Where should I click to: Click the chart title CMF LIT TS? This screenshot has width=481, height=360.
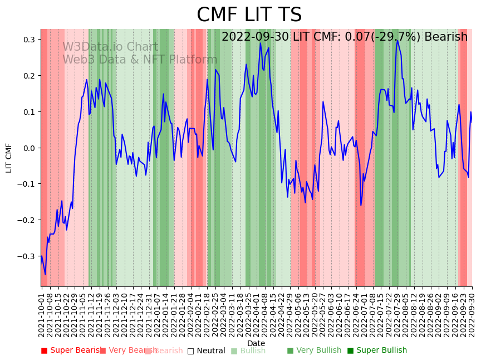click(x=249, y=15)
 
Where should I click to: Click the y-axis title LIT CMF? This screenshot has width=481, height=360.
click(x=9, y=158)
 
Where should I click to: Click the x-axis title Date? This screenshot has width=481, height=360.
click(x=256, y=343)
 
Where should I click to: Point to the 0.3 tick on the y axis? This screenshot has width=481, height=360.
click(x=29, y=40)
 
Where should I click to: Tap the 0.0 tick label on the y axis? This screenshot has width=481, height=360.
click(x=29, y=148)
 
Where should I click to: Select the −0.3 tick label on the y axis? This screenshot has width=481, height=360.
click(x=27, y=256)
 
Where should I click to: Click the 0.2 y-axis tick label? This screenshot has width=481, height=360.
click(x=29, y=76)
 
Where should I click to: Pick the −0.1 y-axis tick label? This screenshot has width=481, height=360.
click(x=27, y=184)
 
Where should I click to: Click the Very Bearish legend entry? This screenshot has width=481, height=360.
click(x=125, y=351)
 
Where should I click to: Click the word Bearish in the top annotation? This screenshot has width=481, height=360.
click(x=446, y=37)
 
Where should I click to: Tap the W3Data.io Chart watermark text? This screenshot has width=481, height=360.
click(x=110, y=47)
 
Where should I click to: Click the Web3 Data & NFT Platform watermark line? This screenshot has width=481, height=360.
click(x=140, y=60)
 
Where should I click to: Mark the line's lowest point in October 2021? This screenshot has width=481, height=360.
click(x=45, y=274)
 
